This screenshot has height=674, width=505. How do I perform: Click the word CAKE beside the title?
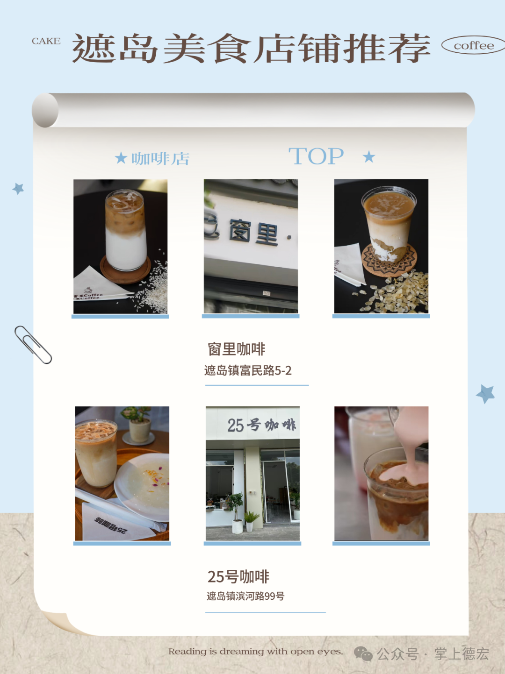46,41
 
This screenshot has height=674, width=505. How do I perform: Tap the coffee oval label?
474,45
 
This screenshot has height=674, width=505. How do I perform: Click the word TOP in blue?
316,156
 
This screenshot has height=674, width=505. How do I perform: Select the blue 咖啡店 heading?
160,159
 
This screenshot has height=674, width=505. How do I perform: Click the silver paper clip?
33,344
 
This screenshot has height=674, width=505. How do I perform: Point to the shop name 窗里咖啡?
236,349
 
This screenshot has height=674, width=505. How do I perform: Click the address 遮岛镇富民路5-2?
248,370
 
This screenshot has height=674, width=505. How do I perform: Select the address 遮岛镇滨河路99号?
245,596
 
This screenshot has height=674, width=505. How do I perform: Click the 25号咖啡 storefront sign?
261,425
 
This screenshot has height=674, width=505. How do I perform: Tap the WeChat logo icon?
363,653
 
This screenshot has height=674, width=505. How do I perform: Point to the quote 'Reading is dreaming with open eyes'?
255,651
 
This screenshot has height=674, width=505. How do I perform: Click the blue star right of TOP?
369,156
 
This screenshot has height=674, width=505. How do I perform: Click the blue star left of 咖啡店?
121,158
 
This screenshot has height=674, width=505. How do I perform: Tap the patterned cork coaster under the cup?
389,260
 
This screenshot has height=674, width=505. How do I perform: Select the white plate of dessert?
142,487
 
